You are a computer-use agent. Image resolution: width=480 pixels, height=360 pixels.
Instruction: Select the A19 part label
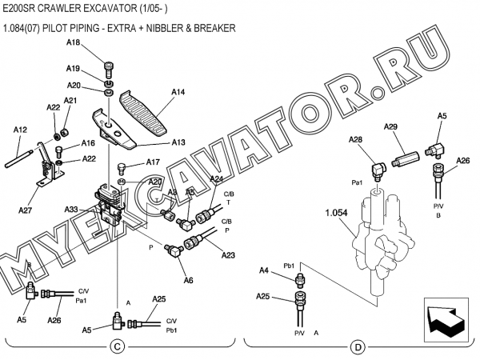73,69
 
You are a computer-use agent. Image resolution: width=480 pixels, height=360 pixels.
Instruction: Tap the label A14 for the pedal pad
178,92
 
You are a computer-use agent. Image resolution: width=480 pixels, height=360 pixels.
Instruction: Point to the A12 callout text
21,129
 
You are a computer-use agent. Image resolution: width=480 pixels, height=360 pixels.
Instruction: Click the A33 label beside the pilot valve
72,210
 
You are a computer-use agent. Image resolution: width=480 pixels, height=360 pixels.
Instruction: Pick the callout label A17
153,162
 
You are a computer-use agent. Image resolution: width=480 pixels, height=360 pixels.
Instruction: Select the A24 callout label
217,179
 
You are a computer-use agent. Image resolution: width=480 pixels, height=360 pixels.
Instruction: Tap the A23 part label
228,255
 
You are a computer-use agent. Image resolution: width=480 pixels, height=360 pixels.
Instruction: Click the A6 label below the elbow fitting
189,280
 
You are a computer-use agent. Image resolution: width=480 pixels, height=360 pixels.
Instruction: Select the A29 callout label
391,127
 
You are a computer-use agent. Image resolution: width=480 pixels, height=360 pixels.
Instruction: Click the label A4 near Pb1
263,271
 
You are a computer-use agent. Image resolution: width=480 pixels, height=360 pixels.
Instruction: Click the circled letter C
117,346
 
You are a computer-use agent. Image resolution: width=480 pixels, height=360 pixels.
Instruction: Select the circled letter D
358,346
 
